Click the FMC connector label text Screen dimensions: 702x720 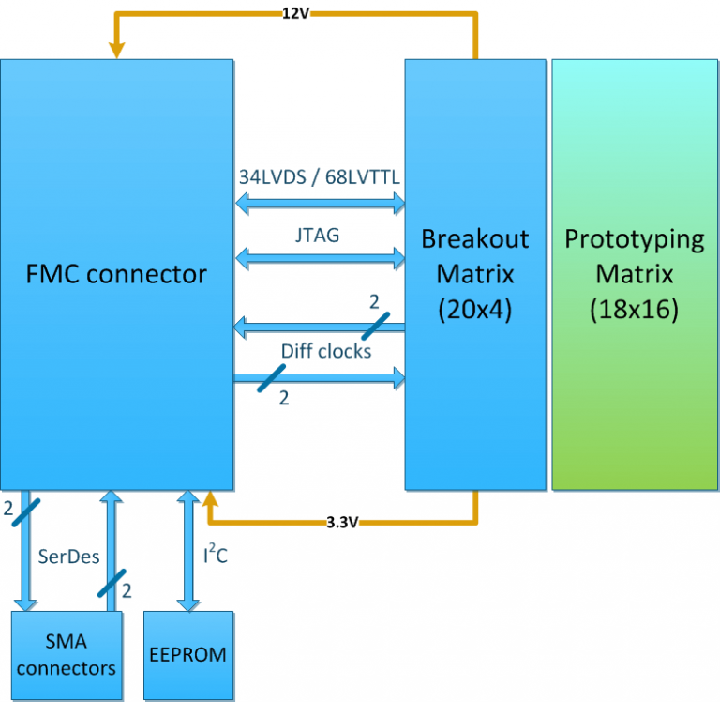116,274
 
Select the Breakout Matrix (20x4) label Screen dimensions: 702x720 475,274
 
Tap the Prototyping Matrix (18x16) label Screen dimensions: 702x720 634,274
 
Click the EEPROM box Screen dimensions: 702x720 187,654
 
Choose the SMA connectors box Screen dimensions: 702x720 66,654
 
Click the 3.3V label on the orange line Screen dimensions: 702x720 341,523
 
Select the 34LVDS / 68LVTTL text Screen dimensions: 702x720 320,176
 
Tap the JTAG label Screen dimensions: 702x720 318,237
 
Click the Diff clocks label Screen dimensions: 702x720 325,352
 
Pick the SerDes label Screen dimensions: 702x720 67,556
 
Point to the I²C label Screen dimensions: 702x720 215,555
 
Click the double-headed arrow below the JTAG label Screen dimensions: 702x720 319,256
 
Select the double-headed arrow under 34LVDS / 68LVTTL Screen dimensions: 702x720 319,202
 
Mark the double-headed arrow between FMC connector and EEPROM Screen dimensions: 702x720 187,551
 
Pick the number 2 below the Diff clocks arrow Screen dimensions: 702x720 284,398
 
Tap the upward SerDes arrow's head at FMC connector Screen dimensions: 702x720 112,498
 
